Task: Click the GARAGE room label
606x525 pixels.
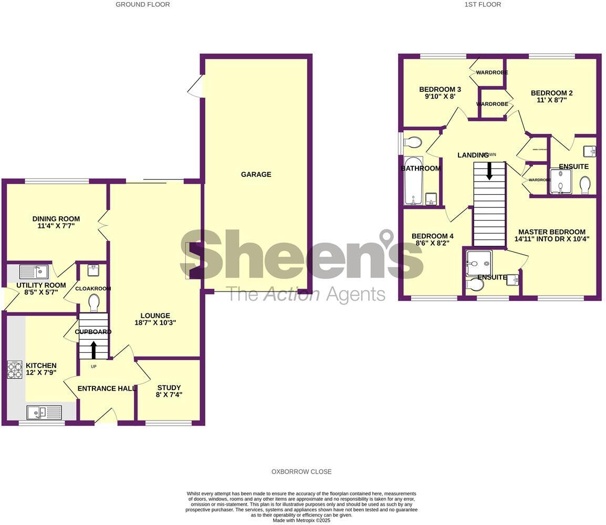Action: [x=256, y=174]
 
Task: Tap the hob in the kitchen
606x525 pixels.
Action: [x=15, y=370]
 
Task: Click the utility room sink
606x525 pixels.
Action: [x=34, y=272]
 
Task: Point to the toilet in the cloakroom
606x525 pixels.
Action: [x=94, y=303]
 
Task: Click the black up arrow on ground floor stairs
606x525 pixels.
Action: [x=94, y=350]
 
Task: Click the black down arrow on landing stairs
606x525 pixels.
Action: [x=489, y=171]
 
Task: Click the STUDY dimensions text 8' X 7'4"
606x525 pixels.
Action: [x=169, y=395]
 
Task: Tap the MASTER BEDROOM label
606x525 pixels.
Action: [x=551, y=232]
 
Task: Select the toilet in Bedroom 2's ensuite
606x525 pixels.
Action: [x=585, y=185]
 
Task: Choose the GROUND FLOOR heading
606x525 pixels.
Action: [x=143, y=4]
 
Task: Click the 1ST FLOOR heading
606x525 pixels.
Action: [x=483, y=4]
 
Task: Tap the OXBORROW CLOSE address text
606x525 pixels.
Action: [x=301, y=471]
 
